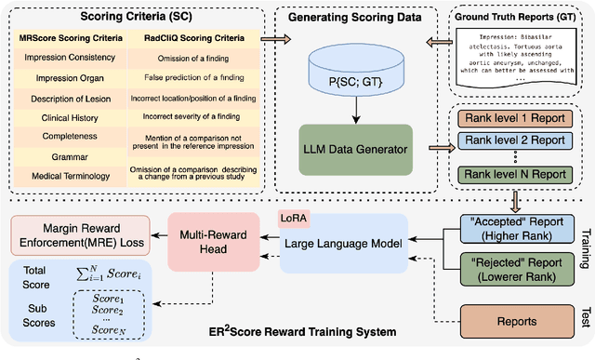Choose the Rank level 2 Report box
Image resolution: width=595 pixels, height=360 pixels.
[x=508, y=140]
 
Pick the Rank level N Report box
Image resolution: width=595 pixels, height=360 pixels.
[x=508, y=174]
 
